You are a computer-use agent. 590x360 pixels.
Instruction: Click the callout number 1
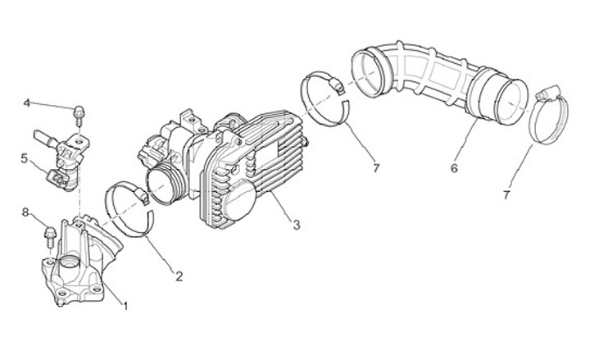125,306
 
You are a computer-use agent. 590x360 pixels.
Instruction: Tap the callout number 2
179,276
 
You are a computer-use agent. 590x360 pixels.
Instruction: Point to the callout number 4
27,103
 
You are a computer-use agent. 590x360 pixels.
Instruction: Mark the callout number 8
25,212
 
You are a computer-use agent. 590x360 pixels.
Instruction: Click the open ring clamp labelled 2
131,211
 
